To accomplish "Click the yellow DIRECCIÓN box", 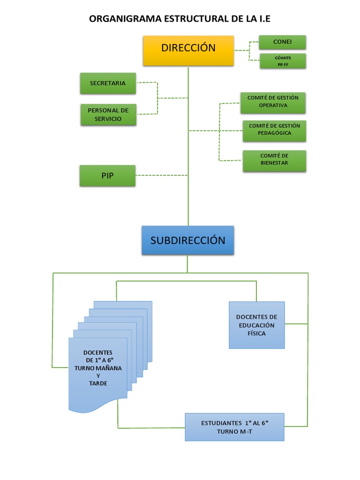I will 188,50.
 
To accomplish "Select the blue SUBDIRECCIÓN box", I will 187,240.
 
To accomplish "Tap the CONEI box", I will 282,42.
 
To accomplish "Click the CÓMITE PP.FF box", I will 283,61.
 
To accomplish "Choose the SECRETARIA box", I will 108,83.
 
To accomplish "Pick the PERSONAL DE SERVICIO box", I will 108,114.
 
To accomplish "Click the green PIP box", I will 108,176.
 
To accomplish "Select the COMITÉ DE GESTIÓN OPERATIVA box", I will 273,103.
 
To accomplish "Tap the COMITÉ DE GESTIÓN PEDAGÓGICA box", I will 274,130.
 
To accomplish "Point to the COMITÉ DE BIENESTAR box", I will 274,160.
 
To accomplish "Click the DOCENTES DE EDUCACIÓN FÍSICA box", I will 256,325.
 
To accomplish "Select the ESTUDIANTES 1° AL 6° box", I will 234,427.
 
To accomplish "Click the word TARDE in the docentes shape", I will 98,383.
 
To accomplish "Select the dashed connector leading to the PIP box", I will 162,176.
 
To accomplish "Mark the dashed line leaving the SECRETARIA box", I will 147,83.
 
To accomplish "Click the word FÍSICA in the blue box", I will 256,333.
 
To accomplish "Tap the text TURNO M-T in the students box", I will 234,431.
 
